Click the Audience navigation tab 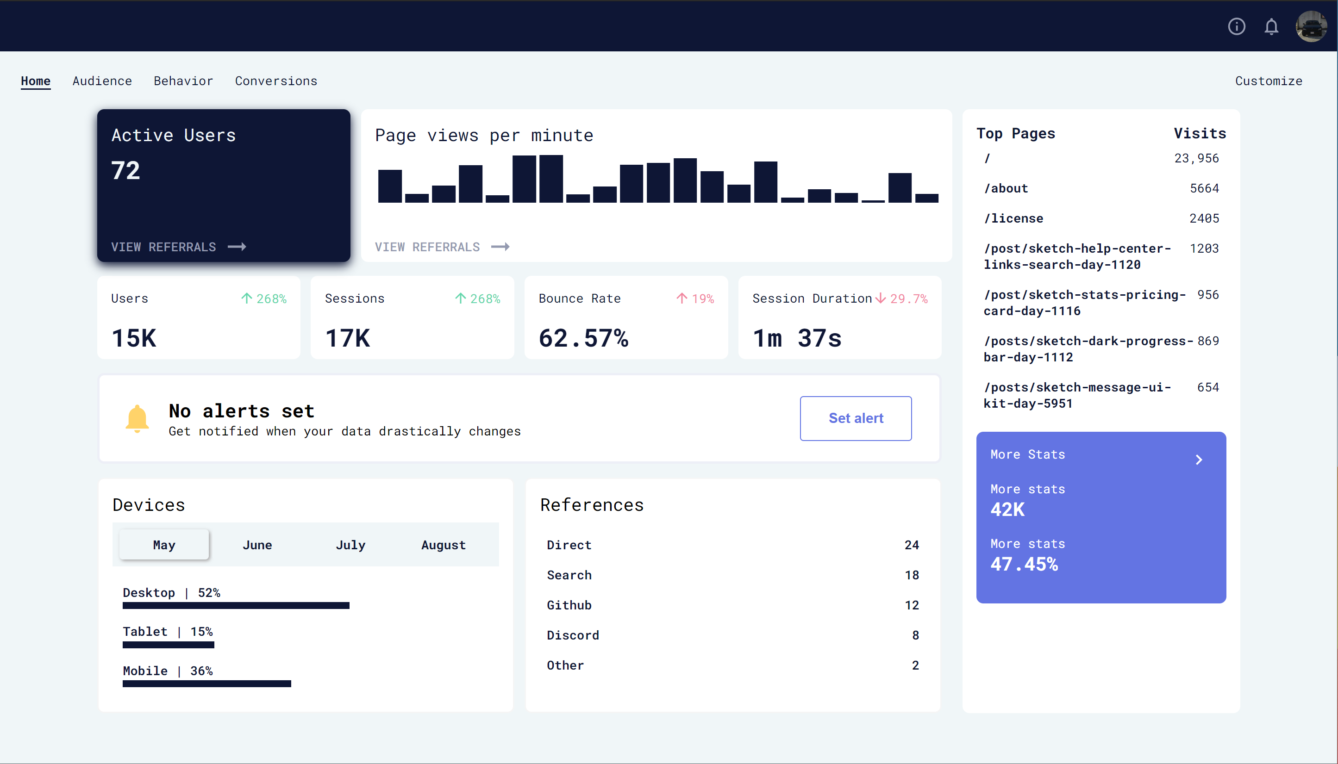click(x=102, y=81)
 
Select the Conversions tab click(x=275, y=81)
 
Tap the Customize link click(x=1268, y=81)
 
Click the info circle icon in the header click(x=1236, y=26)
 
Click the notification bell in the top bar click(x=1271, y=26)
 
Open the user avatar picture click(x=1311, y=26)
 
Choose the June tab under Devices click(x=257, y=545)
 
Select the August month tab click(x=443, y=545)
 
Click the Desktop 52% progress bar click(x=236, y=606)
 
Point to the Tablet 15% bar click(x=168, y=645)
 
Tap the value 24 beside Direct click(x=911, y=545)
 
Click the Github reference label click(x=569, y=605)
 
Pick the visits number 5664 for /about click(x=1204, y=188)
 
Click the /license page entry click(x=1013, y=218)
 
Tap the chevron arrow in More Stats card click(x=1198, y=460)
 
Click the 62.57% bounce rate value click(x=583, y=338)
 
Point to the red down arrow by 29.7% click(x=880, y=298)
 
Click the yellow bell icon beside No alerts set click(x=137, y=418)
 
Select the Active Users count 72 click(x=125, y=171)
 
